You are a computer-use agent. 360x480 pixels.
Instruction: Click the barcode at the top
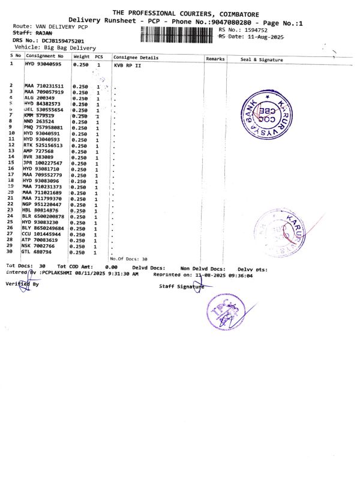coord(178,34)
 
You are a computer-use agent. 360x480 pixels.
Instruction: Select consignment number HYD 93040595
coord(43,64)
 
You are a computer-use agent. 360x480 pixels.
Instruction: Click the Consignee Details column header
coord(136,58)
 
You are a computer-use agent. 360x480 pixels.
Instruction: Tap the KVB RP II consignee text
coord(127,64)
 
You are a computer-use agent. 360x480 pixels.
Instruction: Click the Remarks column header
coord(215,59)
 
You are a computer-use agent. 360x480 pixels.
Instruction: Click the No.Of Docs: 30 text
coord(128,258)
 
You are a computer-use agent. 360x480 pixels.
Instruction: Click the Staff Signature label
coord(180,287)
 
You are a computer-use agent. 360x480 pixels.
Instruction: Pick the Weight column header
coord(81,57)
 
